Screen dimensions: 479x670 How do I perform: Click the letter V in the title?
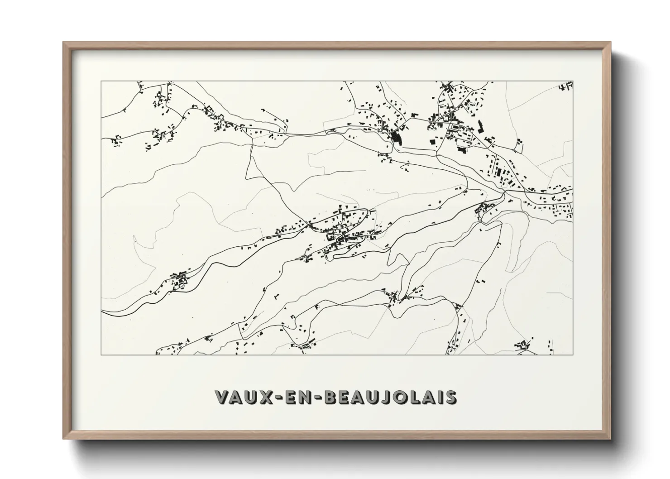[223, 397]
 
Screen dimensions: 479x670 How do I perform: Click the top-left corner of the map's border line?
[101, 81]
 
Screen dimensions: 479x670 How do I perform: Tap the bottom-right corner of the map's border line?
[573, 354]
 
